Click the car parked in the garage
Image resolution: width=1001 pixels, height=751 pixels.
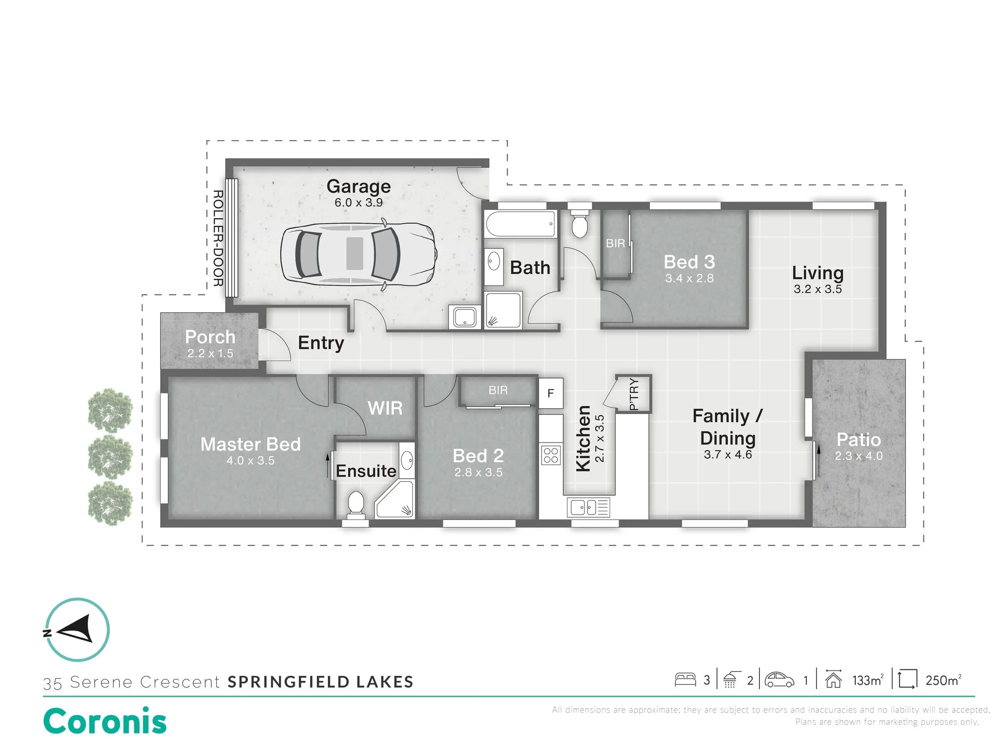pyautogui.click(x=358, y=254)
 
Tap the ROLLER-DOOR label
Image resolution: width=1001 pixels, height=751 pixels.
pyautogui.click(x=218, y=238)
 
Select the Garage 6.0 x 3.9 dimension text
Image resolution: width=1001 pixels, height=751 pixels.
pyautogui.click(x=359, y=203)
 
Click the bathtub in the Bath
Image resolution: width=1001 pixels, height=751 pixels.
pyautogui.click(x=521, y=224)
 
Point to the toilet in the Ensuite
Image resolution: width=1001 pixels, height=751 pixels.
pyautogui.click(x=356, y=504)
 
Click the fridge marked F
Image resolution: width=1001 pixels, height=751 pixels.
pyautogui.click(x=551, y=394)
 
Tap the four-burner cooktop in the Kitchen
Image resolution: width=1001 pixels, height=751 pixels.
pyautogui.click(x=551, y=455)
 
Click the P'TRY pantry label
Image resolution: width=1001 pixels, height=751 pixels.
pyautogui.click(x=634, y=395)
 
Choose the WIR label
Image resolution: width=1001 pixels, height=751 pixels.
pyautogui.click(x=385, y=408)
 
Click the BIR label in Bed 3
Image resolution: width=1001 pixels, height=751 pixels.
pyautogui.click(x=616, y=243)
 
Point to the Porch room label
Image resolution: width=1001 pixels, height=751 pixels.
pyautogui.click(x=210, y=337)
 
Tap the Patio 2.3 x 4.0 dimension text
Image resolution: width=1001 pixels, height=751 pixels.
pyautogui.click(x=859, y=456)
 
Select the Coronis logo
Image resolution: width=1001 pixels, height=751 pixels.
pyautogui.click(x=105, y=721)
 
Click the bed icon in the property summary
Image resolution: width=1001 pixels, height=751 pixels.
pyautogui.click(x=685, y=679)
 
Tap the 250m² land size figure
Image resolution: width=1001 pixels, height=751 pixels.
pyautogui.click(x=943, y=680)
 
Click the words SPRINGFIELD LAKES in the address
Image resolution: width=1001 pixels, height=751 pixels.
pyautogui.click(x=321, y=681)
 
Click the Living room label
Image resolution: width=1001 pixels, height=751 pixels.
pyautogui.click(x=818, y=273)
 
